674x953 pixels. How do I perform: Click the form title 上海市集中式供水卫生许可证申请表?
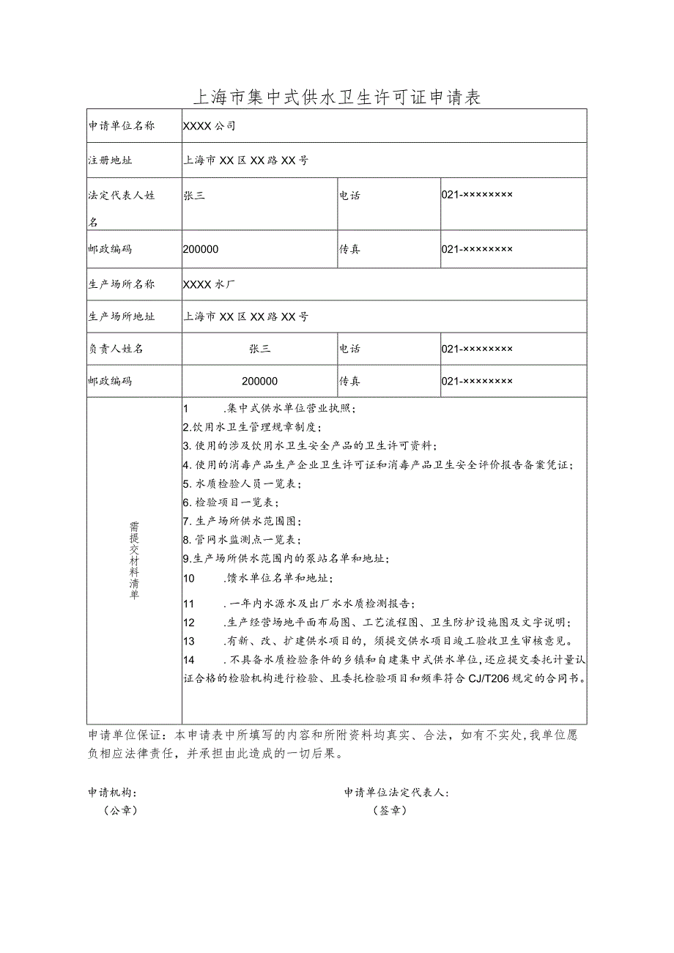(336, 97)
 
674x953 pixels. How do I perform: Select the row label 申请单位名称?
(122, 126)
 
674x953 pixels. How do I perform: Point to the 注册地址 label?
(111, 160)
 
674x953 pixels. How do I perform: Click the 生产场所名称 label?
(122, 284)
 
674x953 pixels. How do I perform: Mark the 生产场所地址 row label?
(122, 316)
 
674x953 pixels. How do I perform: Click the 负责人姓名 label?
(116, 349)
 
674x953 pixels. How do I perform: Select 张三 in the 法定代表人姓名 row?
(193, 196)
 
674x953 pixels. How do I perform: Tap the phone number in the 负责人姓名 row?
(477, 349)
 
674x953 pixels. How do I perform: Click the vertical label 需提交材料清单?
(134, 560)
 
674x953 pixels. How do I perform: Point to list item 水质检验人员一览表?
(242, 483)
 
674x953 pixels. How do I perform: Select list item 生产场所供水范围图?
(242, 521)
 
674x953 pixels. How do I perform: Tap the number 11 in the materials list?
(188, 604)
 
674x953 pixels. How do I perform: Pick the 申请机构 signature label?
(112, 793)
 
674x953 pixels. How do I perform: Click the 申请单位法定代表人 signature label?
(396, 793)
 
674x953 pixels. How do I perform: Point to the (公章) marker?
(121, 810)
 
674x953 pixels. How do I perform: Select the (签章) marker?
(390, 810)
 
